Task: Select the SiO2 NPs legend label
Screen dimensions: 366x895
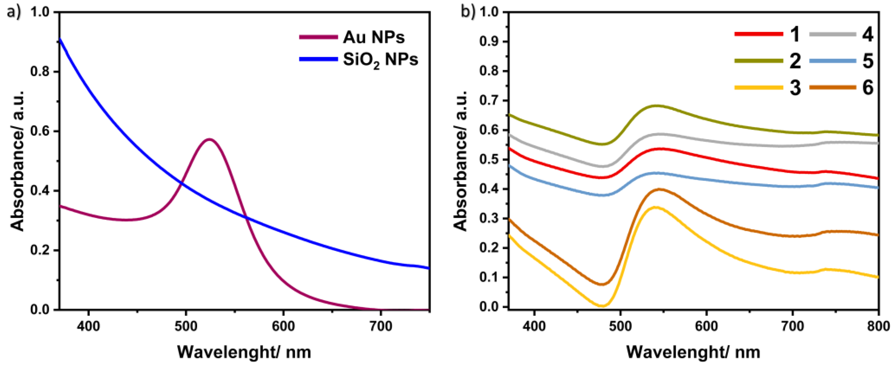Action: coord(380,60)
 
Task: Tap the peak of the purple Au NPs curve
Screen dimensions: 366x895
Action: coord(209,139)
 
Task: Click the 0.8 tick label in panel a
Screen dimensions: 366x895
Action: coord(41,72)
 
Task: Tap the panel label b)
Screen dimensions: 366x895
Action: coord(468,12)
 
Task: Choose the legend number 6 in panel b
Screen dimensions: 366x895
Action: coord(868,88)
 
